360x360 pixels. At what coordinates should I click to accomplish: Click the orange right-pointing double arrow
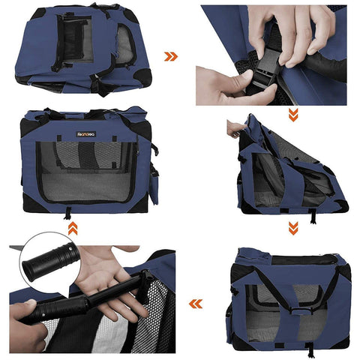point(172,55)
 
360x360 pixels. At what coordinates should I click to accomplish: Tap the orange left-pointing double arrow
point(196,304)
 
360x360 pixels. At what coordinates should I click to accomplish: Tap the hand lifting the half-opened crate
point(237,127)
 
